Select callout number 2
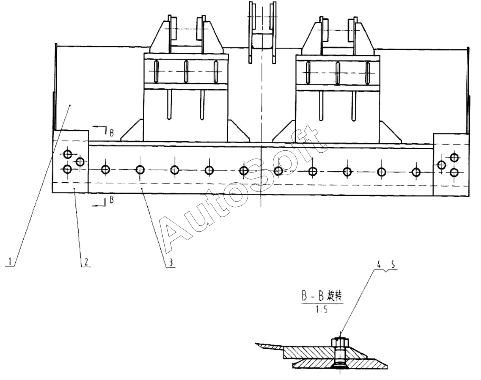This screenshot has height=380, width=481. click(85, 261)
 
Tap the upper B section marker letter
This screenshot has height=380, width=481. click(112, 133)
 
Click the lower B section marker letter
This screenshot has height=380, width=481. click(112, 200)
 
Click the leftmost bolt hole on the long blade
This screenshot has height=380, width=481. click(105, 170)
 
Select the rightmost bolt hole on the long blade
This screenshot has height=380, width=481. click(416, 172)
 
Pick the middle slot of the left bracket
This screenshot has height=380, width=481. click(186, 71)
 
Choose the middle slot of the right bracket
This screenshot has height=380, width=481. click(338, 73)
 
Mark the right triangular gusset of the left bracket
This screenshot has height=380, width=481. click(239, 132)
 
